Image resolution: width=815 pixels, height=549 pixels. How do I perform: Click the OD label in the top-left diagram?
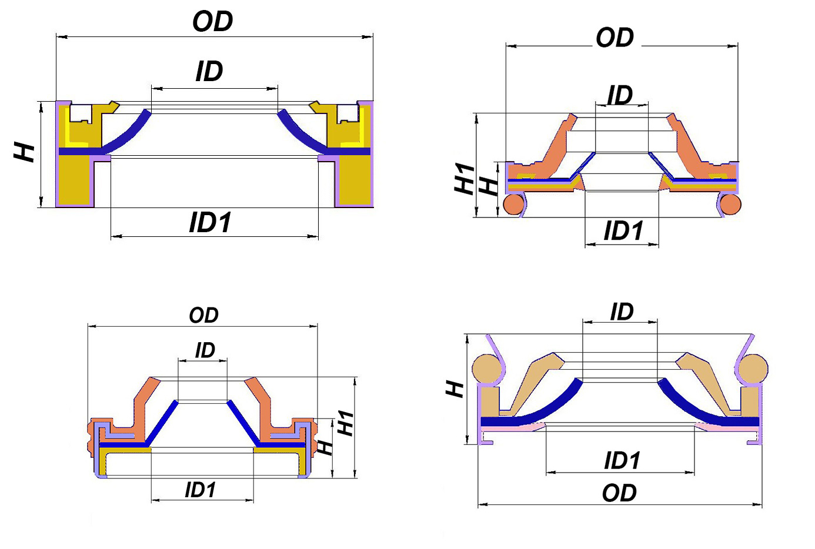(212, 21)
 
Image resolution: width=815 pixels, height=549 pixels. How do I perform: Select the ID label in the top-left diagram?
(209, 71)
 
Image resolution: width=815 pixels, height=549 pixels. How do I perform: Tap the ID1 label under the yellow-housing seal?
(210, 222)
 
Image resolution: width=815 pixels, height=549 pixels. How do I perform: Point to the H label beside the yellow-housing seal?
(24, 152)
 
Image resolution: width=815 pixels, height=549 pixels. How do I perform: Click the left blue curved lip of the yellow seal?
(128, 133)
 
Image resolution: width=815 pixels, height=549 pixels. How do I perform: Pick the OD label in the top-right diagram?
(614, 38)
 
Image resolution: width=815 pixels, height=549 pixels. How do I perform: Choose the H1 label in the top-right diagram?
(465, 179)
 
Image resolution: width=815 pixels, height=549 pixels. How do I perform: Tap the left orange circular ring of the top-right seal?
(514, 204)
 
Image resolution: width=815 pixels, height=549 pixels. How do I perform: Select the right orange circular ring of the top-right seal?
(730, 204)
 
